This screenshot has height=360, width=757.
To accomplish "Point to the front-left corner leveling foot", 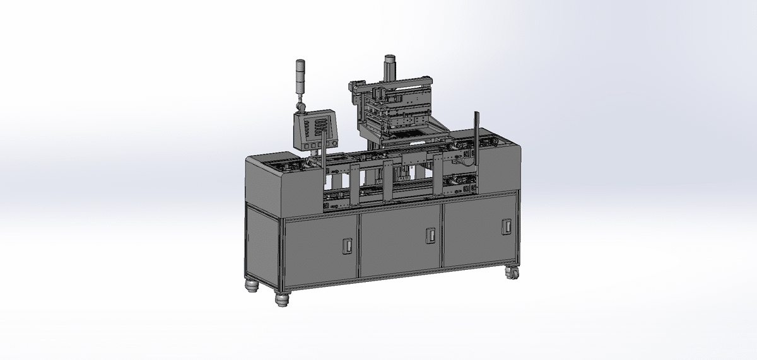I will click(281, 298).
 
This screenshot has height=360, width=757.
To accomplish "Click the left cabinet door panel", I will click(321, 251).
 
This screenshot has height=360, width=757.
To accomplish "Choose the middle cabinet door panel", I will click(401, 241).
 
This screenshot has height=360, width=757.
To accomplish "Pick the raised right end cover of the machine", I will click(505, 167).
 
